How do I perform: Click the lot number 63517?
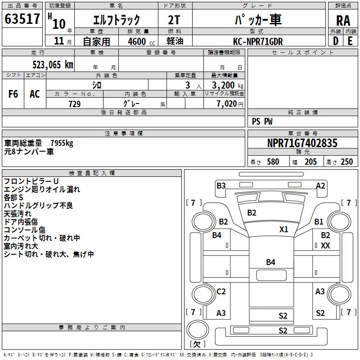(22, 19)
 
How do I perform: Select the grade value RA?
(343, 21)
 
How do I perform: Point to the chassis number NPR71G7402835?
(302, 144)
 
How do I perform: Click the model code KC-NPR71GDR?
(258, 41)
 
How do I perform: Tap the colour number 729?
(74, 104)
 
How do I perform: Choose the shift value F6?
(13, 94)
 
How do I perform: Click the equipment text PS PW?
(262, 121)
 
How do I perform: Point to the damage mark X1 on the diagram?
(283, 229)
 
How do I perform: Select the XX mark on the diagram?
(325, 245)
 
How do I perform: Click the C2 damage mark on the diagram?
(221, 292)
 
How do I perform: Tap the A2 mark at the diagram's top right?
(320, 185)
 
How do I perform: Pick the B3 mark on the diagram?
(221, 185)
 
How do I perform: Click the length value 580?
(273, 162)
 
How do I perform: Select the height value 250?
(346, 162)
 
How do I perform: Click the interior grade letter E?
(350, 41)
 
